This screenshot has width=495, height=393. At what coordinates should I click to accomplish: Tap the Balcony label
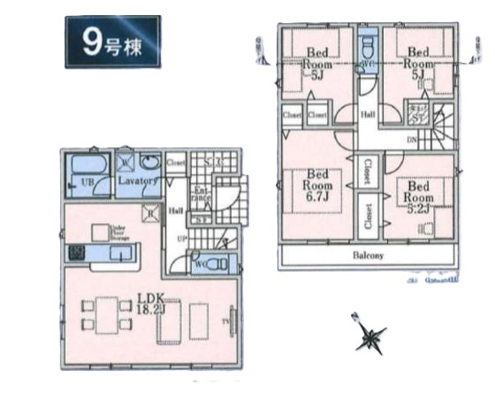click(369, 257)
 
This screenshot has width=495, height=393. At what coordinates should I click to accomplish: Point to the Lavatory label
click(140, 181)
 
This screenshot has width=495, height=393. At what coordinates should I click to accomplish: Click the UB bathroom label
click(88, 182)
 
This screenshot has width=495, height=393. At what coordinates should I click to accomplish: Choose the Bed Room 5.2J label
click(420, 198)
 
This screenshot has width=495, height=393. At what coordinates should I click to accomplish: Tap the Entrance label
click(201, 197)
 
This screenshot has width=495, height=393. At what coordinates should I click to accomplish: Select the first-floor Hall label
click(177, 210)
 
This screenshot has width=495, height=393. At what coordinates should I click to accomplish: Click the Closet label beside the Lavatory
click(175, 163)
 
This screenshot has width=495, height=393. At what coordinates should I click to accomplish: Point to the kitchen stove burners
click(75, 254)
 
